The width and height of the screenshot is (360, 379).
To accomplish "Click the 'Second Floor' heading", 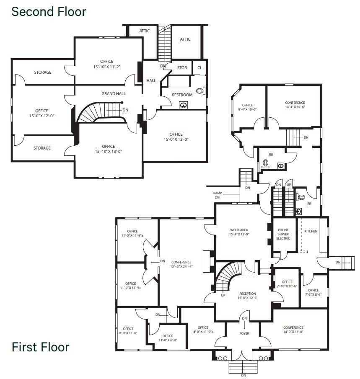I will tap(49, 11).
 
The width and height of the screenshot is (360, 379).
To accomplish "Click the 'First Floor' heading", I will tap(40, 347).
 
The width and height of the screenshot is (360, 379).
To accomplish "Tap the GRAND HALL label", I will tap(114, 94).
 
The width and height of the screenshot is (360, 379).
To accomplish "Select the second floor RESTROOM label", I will tap(182, 95).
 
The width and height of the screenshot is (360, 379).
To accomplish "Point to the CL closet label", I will tap(199, 67).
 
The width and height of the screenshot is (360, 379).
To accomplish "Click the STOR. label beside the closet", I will tap(182, 67).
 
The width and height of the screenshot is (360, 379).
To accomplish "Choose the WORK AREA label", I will tap(239, 230).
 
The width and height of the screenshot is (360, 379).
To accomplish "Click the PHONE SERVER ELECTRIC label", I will tap(283, 234).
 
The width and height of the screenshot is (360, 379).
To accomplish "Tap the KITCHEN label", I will tap(311, 231).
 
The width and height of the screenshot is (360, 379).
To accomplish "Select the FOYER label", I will tap(244, 334).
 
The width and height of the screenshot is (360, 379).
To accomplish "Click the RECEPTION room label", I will tap(247, 294).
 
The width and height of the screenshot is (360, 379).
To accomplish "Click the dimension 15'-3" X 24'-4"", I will tap(181, 266).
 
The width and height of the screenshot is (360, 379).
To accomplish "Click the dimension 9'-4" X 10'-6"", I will tap(247, 110).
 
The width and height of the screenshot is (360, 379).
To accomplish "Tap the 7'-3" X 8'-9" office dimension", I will tap(313, 294).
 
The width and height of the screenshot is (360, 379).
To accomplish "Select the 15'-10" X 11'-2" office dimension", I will tap(107, 67).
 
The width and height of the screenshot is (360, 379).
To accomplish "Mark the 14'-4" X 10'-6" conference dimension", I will tap(295, 107).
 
